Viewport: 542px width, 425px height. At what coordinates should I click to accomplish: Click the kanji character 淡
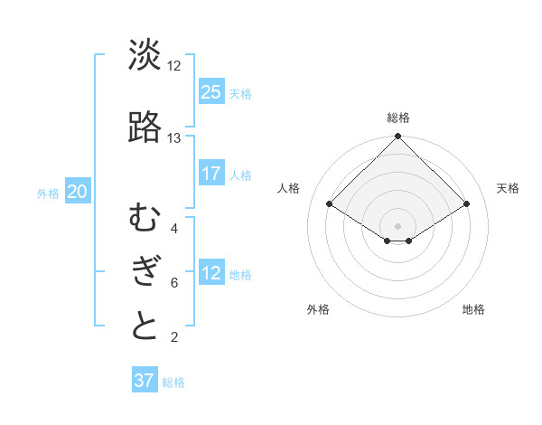[145, 55]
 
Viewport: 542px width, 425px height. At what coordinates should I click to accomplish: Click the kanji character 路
[145, 128]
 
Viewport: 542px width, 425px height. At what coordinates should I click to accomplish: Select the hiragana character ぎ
[145, 271]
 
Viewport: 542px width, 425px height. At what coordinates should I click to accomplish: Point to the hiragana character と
[145, 326]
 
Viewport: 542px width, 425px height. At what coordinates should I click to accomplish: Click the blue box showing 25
[211, 91]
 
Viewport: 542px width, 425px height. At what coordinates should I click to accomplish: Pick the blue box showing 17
[211, 173]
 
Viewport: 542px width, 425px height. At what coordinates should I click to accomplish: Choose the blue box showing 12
[211, 273]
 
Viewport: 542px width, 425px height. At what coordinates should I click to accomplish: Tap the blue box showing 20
[78, 191]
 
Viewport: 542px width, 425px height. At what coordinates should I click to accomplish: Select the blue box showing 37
[145, 381]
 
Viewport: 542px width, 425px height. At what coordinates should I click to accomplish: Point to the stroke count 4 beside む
[173, 228]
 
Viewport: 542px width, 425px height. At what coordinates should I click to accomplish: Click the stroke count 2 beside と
[173, 337]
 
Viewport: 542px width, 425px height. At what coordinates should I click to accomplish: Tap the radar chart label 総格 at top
[398, 118]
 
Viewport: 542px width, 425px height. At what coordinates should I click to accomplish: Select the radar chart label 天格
[508, 188]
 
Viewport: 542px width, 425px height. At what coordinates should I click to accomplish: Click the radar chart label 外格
[318, 309]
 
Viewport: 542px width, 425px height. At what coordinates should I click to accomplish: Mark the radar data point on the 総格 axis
[398, 137]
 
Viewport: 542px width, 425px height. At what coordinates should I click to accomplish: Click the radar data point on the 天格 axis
[467, 204]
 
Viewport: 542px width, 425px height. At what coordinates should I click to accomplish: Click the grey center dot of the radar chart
[398, 225]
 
